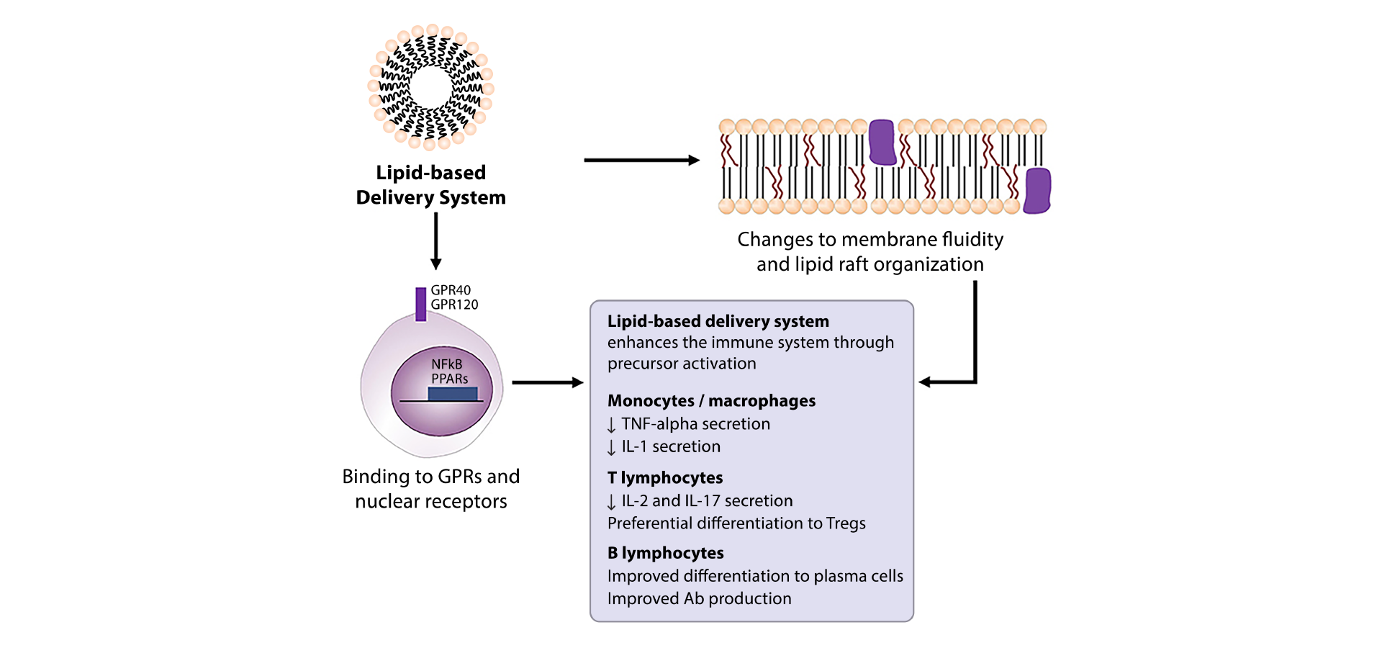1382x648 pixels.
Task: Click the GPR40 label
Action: tap(451, 290)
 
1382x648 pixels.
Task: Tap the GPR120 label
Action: tap(454, 305)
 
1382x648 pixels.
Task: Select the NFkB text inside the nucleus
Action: tap(447, 364)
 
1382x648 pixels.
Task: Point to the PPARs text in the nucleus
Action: tap(450, 379)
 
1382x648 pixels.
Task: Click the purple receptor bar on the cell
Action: tap(420, 304)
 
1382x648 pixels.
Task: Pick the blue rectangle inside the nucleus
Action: tap(453, 394)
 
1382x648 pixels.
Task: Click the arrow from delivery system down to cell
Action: tap(435, 241)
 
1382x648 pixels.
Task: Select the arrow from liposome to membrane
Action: tap(641, 160)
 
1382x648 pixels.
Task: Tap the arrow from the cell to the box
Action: tap(547, 382)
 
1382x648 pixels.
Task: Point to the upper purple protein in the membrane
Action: tap(882, 142)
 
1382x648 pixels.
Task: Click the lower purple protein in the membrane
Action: tap(1037, 191)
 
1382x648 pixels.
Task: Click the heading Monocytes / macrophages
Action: tap(711, 400)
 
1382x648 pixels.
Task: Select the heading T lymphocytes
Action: tap(665, 477)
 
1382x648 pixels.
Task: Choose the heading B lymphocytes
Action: tap(666, 553)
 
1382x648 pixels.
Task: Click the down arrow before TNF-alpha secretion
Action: tap(611, 425)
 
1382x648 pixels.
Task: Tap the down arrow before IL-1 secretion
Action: tap(611, 447)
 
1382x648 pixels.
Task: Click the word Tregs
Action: tap(846, 523)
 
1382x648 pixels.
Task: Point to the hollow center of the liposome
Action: tap(430, 87)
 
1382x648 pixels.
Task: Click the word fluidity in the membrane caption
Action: tap(967, 239)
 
